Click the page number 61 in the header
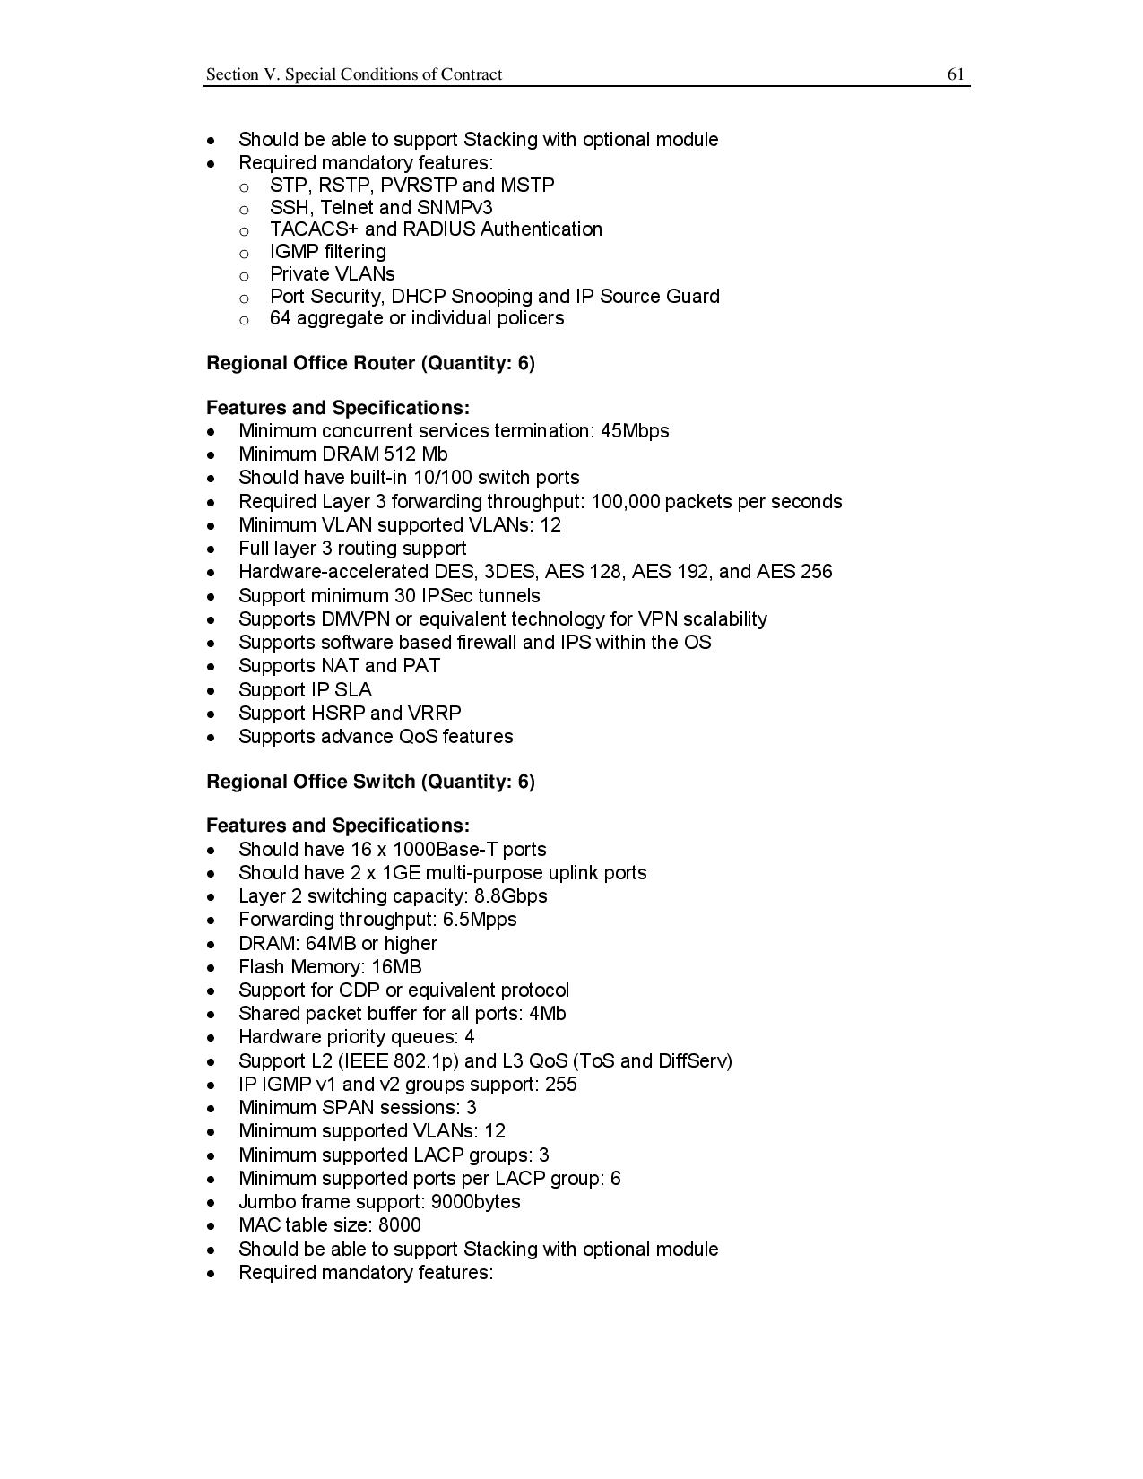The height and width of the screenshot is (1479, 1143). [x=956, y=74]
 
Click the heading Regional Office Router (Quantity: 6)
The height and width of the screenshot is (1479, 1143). [x=370, y=363]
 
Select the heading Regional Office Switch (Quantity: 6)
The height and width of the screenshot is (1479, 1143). [x=370, y=782]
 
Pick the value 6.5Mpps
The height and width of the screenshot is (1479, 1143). [x=480, y=920]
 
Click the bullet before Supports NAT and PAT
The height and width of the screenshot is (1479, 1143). [x=211, y=667]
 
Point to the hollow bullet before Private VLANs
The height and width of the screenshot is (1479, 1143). [x=244, y=275]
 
